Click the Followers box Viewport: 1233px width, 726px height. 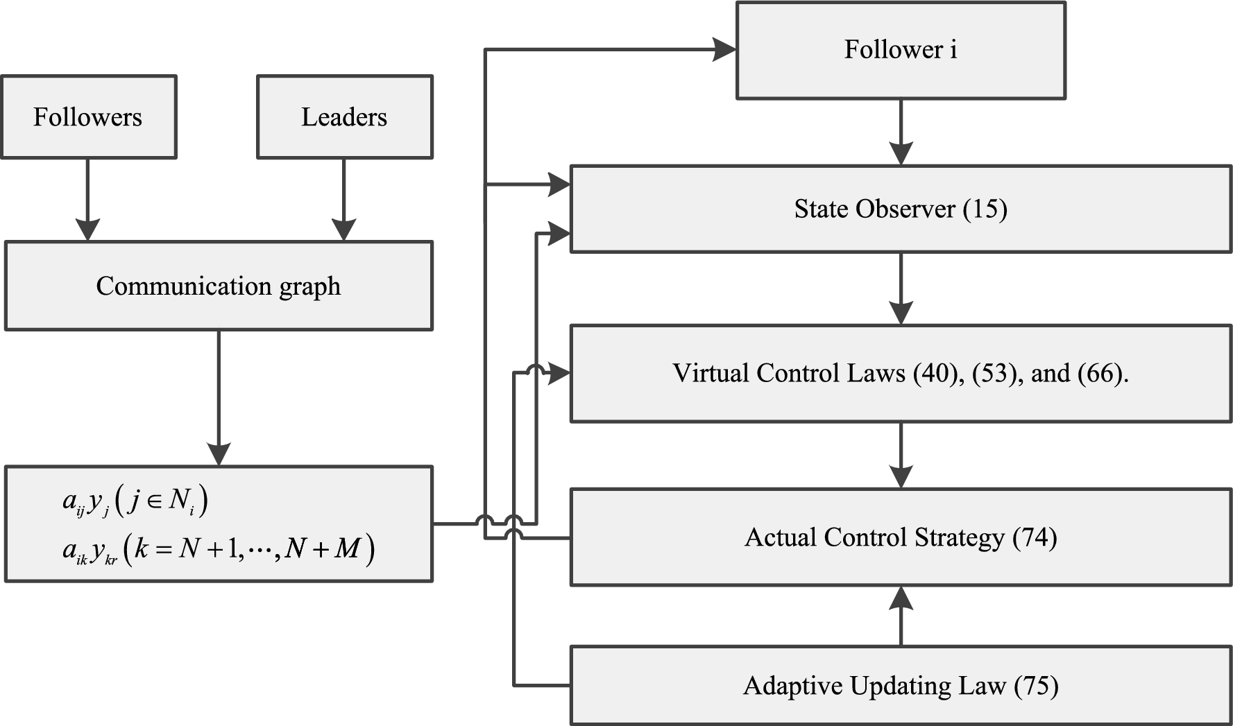pos(88,117)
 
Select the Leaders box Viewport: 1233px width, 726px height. pos(344,117)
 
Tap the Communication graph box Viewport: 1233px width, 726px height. pos(219,286)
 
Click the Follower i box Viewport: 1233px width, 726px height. pos(900,50)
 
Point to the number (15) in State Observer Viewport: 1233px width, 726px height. pos(985,209)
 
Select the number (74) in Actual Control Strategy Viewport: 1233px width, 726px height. pos(1035,537)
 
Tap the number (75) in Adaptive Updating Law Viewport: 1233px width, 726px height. pos(1036,686)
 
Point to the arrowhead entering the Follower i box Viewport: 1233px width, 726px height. pos(724,49)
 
